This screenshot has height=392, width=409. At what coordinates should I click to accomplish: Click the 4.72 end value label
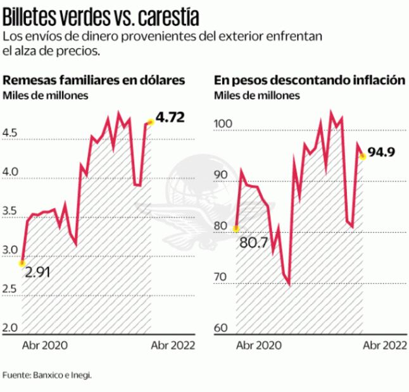(169, 118)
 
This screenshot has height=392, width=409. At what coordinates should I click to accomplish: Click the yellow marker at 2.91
(22, 262)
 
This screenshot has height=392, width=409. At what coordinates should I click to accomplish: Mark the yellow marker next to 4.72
(150, 122)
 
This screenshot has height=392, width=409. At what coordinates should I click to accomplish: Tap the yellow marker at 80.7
(236, 228)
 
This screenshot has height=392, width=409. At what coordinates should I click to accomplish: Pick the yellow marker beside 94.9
(363, 156)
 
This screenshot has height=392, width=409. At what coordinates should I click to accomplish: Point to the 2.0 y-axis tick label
(11, 328)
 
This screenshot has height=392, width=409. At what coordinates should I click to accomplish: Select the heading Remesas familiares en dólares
(94, 81)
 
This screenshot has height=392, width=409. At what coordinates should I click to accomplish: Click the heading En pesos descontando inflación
(309, 81)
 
